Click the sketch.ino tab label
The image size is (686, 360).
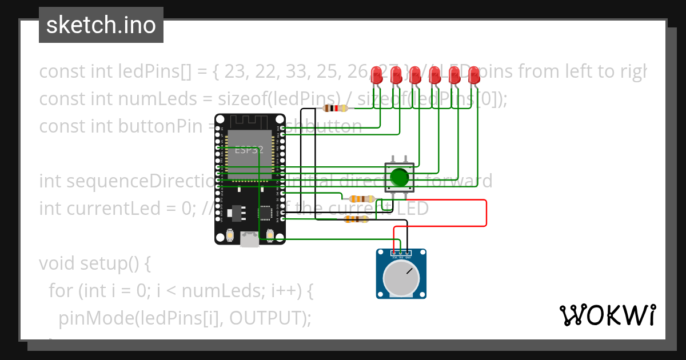[x=101, y=25]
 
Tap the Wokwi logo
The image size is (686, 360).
[x=607, y=315]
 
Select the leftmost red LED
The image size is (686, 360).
[x=377, y=75]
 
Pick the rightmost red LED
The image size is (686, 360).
[x=474, y=75]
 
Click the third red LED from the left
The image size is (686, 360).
[x=416, y=75]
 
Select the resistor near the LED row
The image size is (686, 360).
[x=335, y=108]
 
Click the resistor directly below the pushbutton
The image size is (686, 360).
[x=362, y=199]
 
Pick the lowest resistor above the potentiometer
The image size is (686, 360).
[x=356, y=219]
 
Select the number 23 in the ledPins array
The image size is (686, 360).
[x=235, y=71]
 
